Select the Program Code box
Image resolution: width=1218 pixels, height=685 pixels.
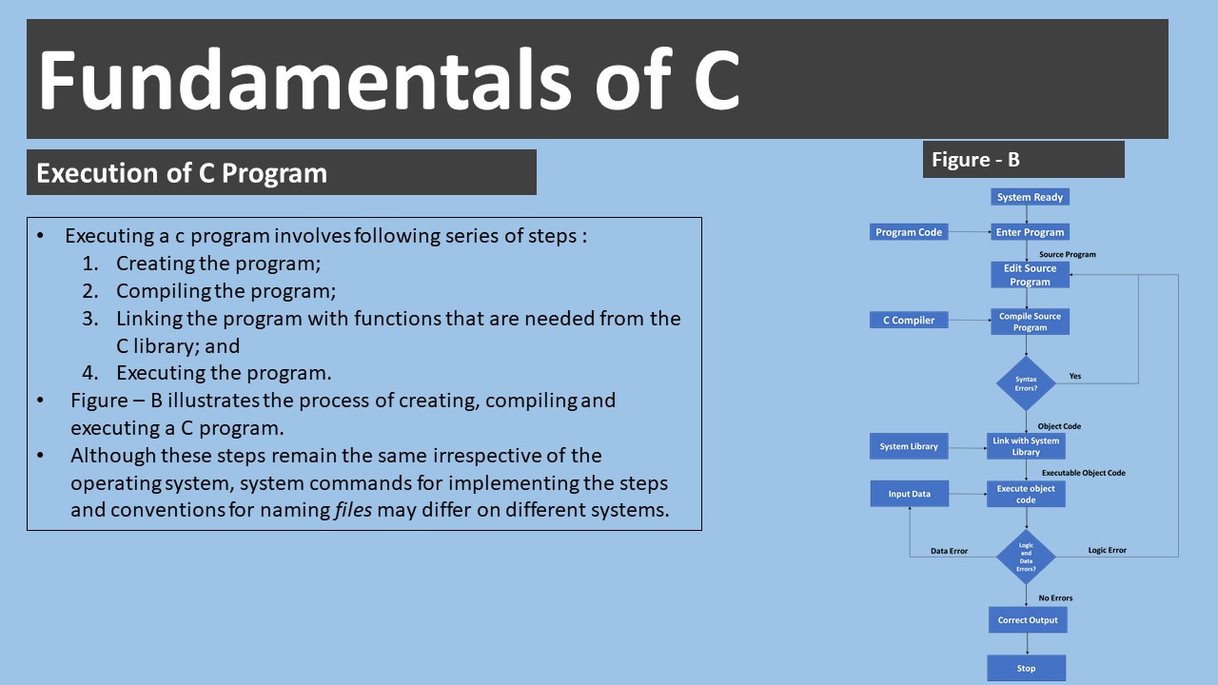coord(909,232)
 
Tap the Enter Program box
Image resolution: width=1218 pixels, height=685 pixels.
coord(1030,232)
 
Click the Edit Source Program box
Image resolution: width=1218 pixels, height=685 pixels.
coord(1030,275)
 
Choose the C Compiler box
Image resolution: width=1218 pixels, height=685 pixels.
coord(909,321)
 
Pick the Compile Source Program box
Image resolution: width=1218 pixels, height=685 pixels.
coord(1030,322)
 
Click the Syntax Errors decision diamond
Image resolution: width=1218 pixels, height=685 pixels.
coord(1026,383)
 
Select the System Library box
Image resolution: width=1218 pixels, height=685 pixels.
coord(909,446)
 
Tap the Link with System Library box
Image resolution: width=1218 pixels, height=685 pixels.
coord(1026,446)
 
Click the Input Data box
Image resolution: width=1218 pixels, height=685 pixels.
coord(909,494)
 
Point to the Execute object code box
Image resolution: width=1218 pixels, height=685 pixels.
coord(1026,494)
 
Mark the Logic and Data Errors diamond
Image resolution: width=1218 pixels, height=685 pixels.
coord(1026,557)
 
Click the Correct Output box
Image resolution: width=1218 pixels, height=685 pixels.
coord(1028,620)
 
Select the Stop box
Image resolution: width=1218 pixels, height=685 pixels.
coord(1026,668)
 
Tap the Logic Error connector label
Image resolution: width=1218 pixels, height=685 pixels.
coord(1107,551)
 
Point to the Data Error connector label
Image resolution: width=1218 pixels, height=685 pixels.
coord(949,551)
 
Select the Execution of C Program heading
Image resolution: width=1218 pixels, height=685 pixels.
coord(182,173)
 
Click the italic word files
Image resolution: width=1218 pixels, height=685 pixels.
coord(352,510)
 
